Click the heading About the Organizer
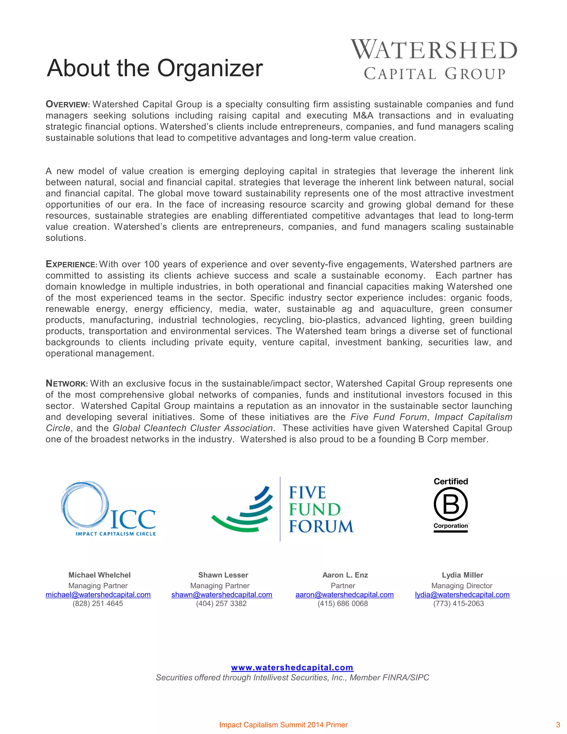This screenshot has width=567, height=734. point(154,68)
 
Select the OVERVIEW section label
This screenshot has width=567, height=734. point(68,104)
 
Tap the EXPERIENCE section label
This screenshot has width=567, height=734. point(71,265)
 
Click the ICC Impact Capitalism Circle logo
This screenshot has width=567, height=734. point(109,509)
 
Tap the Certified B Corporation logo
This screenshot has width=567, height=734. point(450,505)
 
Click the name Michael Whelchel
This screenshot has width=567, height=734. point(99,575)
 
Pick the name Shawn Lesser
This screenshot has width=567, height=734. point(223,575)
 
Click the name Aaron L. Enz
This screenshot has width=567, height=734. point(345,575)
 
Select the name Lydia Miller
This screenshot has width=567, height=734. point(462,575)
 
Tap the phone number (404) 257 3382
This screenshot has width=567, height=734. point(221,604)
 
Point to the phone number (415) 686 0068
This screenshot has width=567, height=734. point(343,604)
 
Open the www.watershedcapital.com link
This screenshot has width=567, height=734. point(292,668)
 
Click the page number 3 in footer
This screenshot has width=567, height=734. point(558,725)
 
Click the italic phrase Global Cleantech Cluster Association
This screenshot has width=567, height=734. point(192,428)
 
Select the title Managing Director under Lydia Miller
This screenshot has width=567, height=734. point(462,586)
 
